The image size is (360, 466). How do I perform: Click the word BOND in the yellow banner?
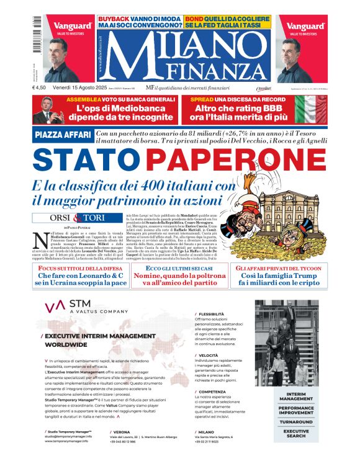(193, 19)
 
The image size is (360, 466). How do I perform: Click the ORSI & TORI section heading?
(66, 218)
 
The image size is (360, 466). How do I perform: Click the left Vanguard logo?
(73, 27)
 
